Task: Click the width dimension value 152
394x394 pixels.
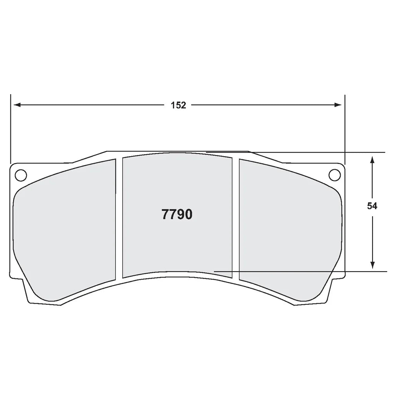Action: click(179, 105)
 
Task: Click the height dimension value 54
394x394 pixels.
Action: click(372, 206)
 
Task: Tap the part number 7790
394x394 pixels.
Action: click(177, 215)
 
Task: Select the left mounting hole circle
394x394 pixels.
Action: click(20, 175)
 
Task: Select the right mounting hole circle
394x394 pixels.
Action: click(334, 175)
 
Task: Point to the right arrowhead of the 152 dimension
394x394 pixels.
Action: click(338, 105)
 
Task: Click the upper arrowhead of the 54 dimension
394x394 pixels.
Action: click(372, 159)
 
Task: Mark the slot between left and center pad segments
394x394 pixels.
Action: click(119, 217)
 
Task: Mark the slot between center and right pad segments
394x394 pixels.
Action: click(235, 217)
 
